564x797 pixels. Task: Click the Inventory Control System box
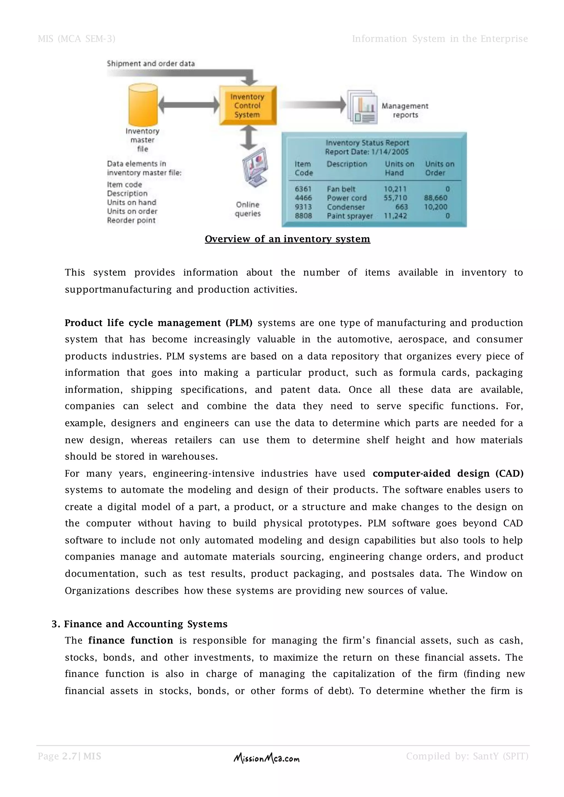point(248,105)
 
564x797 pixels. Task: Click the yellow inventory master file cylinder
point(143,105)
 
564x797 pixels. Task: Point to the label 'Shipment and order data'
point(151,64)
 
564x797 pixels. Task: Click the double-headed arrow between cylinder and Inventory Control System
point(189,105)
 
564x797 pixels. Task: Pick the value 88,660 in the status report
point(435,198)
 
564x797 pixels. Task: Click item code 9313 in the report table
point(303,207)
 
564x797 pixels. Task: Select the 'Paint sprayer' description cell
point(349,216)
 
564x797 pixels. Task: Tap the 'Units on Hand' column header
point(399,168)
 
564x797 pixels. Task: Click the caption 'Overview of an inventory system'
point(287,239)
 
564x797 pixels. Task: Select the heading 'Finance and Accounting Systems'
point(145,624)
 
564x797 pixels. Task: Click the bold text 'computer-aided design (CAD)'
point(448,473)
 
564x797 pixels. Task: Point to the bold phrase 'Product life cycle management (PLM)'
point(158,323)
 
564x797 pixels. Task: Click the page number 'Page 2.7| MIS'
point(69,756)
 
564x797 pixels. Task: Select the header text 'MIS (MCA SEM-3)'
point(76,39)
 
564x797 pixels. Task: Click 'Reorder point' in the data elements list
point(131,220)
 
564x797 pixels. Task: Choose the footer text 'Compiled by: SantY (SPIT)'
point(467,756)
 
